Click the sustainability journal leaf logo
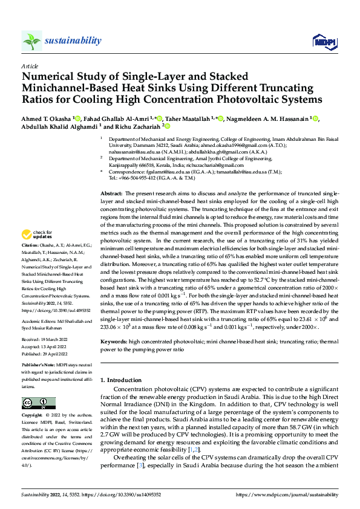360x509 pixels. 32,41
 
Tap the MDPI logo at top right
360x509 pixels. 321,41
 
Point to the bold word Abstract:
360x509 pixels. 111,175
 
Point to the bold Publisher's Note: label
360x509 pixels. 39,366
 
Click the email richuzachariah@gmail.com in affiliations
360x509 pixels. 200,165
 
